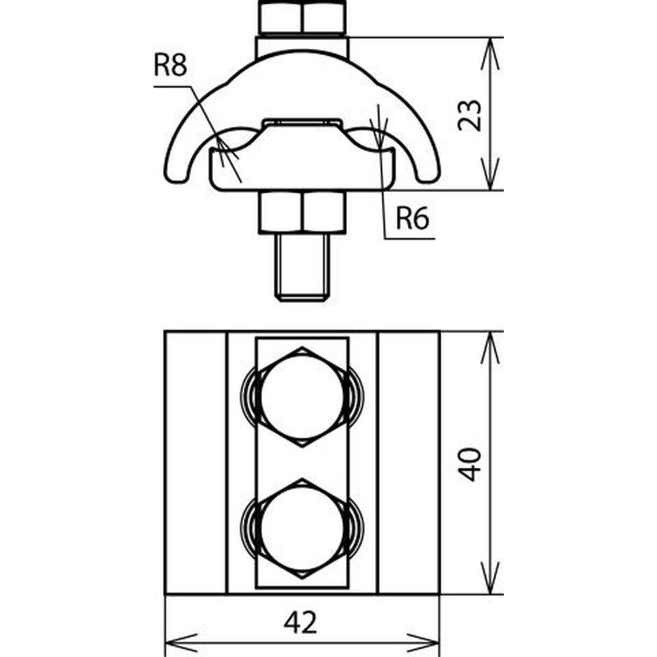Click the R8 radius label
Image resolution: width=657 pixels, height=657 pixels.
pos(170,65)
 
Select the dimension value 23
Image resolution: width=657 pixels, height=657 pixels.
pos(469,116)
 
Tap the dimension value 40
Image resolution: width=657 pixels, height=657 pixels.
pos(469,464)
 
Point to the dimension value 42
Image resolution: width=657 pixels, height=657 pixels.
pos(300,622)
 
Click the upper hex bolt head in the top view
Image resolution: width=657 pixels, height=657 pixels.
pos(302,397)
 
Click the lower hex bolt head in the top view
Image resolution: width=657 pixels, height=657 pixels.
pos(302,529)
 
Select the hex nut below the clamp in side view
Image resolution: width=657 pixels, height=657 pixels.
pos(302,212)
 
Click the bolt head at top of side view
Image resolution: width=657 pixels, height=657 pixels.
pos(302,18)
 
